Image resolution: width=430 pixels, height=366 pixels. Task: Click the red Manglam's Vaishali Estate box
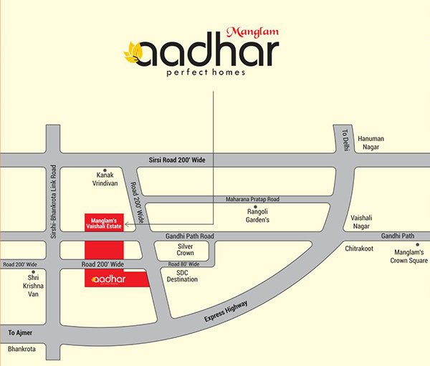click(x=104, y=222)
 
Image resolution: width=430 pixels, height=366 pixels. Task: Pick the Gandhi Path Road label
click(x=190, y=236)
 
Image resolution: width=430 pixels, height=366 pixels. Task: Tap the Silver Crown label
click(x=186, y=249)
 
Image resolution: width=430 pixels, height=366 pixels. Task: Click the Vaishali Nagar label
click(x=363, y=221)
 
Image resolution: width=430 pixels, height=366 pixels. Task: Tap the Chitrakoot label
click(x=360, y=249)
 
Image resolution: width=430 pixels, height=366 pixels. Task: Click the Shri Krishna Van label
click(x=32, y=285)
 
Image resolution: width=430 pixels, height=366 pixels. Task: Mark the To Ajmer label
click(x=21, y=333)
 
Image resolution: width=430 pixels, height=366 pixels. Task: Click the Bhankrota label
click(x=22, y=350)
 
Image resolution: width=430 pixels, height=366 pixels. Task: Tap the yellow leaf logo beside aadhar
click(x=134, y=51)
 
